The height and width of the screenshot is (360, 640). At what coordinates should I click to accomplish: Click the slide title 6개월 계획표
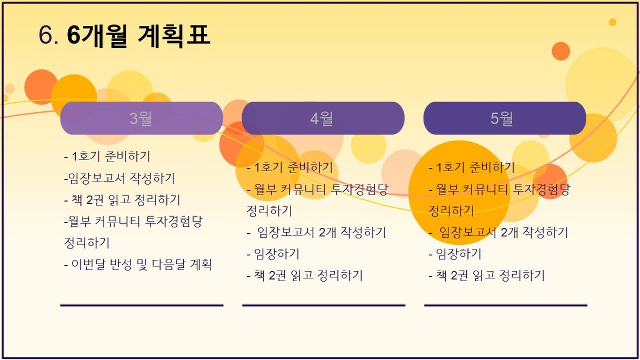[138, 36]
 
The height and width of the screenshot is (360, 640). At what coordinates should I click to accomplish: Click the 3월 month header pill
[142, 118]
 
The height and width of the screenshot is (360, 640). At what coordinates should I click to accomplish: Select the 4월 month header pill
[323, 118]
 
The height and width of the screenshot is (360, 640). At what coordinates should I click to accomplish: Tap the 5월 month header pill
[505, 118]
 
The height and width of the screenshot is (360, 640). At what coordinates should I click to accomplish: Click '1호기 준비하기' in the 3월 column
[111, 156]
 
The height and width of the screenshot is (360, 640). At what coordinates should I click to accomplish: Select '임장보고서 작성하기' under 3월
[122, 178]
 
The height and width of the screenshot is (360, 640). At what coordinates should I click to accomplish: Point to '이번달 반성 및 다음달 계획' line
[142, 264]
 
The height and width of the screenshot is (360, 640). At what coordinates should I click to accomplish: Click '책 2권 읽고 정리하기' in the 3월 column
[126, 199]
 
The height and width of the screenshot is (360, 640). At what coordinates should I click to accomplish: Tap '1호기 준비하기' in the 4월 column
[294, 167]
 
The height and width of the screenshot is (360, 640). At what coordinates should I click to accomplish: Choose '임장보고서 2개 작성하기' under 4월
[322, 232]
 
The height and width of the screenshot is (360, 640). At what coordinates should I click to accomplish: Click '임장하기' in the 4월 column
[276, 254]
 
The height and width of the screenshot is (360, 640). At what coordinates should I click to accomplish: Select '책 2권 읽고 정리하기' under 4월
[308, 275]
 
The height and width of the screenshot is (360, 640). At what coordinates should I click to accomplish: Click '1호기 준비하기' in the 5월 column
[475, 167]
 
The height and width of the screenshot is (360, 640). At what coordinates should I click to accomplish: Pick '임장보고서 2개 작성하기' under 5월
[504, 232]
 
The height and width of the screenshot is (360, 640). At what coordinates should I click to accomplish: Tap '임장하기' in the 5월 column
[458, 254]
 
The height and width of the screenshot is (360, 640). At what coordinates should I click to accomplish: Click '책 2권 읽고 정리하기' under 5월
[490, 275]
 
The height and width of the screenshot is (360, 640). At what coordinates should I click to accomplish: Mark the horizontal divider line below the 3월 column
[142, 305]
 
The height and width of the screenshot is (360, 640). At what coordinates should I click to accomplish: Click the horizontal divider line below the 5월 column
[506, 305]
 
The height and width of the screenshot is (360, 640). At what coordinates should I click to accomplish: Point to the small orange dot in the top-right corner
[612, 22]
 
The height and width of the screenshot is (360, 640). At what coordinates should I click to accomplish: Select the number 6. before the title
[48, 35]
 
